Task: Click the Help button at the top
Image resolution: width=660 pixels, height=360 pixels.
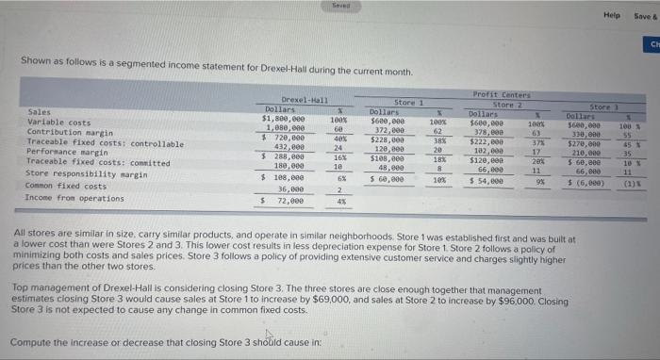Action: [615, 16]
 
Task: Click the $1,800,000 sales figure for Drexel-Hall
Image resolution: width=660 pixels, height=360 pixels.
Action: [289, 119]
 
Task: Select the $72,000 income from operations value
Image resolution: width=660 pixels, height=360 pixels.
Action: [287, 201]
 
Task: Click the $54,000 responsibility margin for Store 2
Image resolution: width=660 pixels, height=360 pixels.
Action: [489, 180]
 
